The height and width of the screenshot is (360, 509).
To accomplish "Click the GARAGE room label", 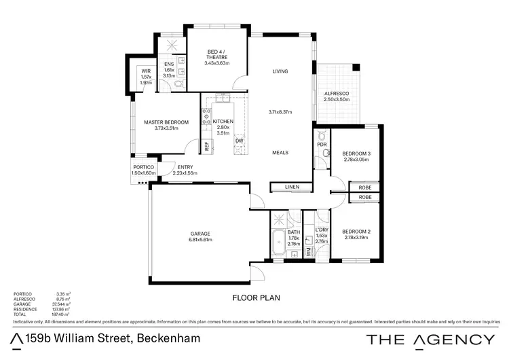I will [x=200, y=233].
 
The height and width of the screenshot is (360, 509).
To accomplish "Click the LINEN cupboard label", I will [x=292, y=187].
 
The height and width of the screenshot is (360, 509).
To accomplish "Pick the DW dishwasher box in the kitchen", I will [x=238, y=141].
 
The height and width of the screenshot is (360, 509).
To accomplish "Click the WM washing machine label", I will [x=308, y=251].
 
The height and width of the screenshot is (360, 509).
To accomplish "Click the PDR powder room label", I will [x=322, y=145].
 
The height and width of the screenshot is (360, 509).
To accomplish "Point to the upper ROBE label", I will [x=365, y=187].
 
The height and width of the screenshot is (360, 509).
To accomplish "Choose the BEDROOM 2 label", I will [x=356, y=232].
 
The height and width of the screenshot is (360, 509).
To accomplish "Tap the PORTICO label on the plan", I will [x=143, y=167].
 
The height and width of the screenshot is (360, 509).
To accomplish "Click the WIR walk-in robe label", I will [x=146, y=71].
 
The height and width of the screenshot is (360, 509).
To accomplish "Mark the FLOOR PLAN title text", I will [x=256, y=298].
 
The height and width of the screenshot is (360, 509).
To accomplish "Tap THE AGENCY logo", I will [x=430, y=339].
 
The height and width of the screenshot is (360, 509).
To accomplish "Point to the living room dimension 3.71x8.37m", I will [x=279, y=112].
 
